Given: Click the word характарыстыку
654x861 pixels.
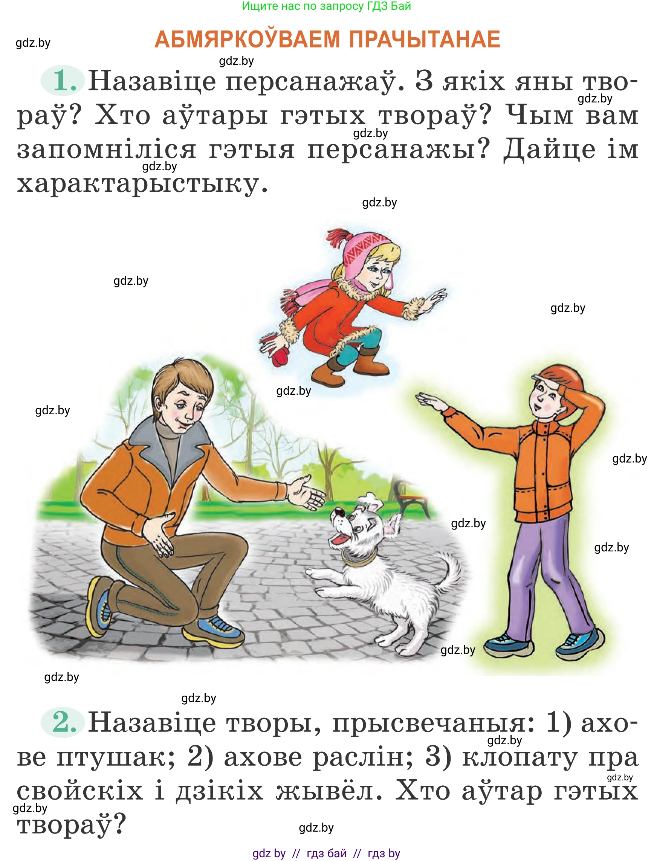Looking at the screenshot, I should click(x=142, y=184).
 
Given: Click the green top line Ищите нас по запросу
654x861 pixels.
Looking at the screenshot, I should click(x=326, y=6).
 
